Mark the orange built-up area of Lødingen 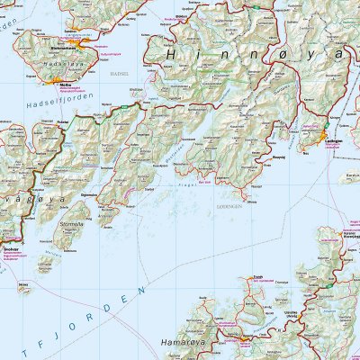point(326,135)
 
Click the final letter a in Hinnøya point(337,56)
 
